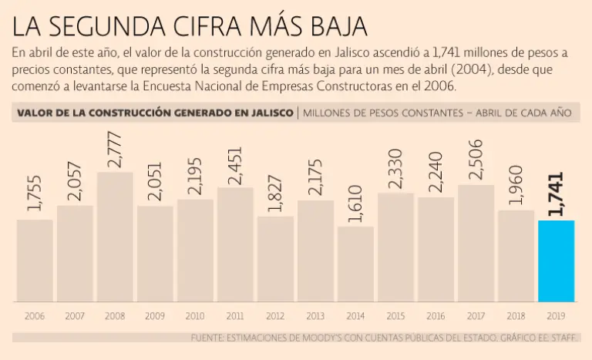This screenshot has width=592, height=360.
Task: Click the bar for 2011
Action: coord(235,244)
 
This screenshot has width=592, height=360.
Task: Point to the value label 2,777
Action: coord(115,151)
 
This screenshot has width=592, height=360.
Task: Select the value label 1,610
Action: coord(355,204)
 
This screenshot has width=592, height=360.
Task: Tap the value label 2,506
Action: coord(476,160)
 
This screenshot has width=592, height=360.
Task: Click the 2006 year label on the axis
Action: coord(35,316)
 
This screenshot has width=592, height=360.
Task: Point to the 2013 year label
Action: coord(315,316)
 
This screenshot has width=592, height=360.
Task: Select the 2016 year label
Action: coord(436,316)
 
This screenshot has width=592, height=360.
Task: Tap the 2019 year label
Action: coord(556,316)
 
